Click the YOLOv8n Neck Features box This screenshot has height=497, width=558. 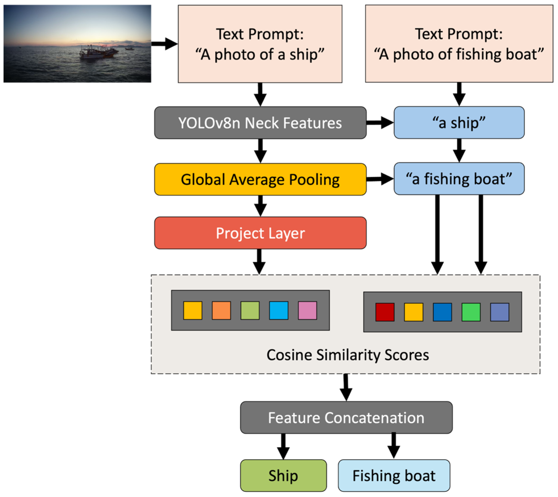(x=260, y=123)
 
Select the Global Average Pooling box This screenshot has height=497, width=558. (x=260, y=179)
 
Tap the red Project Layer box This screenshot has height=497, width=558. (x=260, y=233)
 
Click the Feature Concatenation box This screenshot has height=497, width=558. (x=346, y=418)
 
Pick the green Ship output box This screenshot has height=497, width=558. (x=283, y=475)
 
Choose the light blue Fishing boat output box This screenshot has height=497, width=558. (x=394, y=475)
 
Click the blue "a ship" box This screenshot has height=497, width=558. (x=459, y=123)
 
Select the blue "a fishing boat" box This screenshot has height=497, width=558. (x=459, y=179)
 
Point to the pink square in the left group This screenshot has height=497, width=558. (x=307, y=311)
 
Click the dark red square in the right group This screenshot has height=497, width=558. (x=385, y=312)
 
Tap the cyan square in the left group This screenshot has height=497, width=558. (x=279, y=311)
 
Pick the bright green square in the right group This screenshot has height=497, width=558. (x=471, y=312)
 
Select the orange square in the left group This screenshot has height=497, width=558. (x=221, y=311)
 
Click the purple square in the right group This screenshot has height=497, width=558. (x=500, y=312)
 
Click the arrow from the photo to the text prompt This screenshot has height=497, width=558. (x=164, y=44)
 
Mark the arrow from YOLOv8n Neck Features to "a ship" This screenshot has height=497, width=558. (x=380, y=123)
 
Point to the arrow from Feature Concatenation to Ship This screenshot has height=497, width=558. (x=283, y=446)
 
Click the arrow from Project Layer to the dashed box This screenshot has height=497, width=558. (x=259, y=261)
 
